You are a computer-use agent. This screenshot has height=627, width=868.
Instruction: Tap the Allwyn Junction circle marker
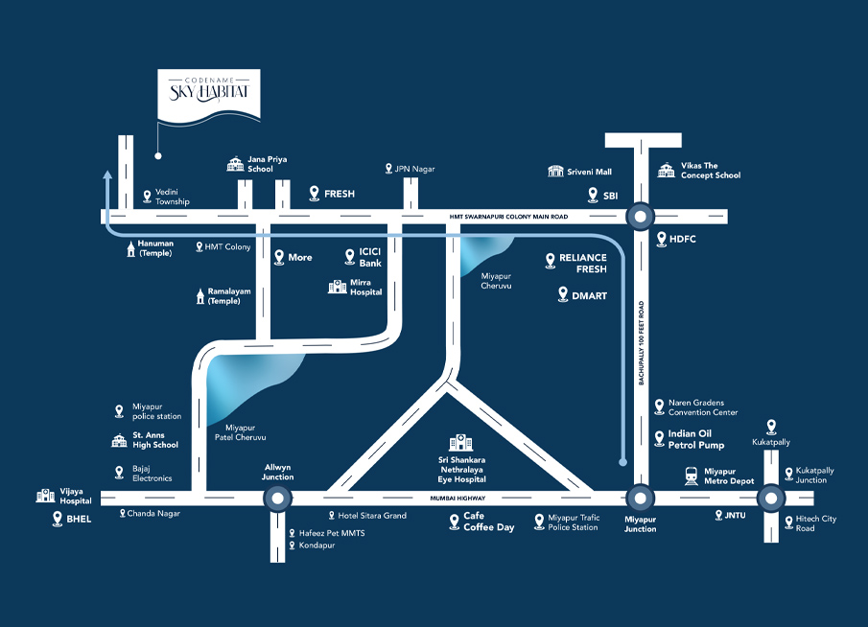(x=277, y=498)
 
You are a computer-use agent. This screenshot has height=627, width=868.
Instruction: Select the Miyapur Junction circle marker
(x=640, y=498)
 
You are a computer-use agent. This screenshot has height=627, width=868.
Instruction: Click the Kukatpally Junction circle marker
(x=769, y=498)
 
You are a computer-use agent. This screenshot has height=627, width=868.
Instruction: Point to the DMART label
(x=589, y=296)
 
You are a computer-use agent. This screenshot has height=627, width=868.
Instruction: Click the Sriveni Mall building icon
(x=555, y=171)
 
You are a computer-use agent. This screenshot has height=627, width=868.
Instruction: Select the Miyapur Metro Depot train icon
(x=691, y=475)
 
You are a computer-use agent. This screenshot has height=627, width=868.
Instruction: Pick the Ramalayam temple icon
(x=199, y=295)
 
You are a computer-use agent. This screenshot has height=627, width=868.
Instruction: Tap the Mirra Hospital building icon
(x=337, y=287)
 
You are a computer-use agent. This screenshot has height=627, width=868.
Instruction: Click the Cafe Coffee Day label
(x=488, y=522)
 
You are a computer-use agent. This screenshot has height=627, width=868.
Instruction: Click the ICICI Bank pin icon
(x=351, y=257)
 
